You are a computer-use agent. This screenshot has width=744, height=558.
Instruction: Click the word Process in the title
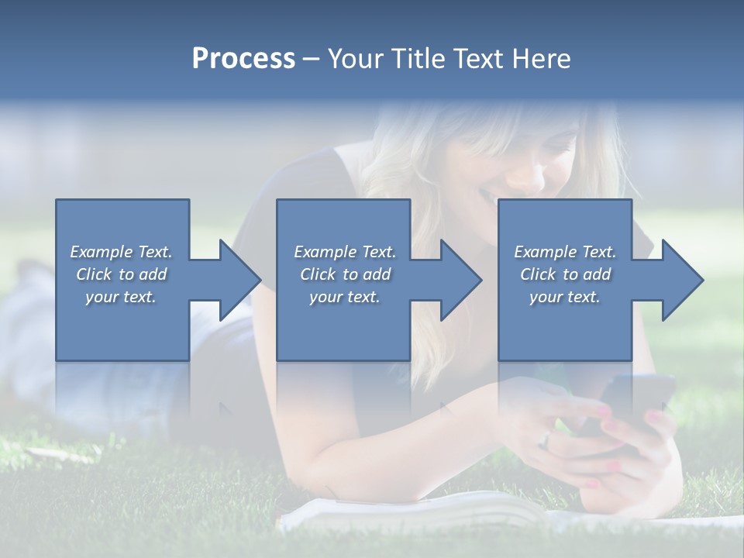tap(243, 58)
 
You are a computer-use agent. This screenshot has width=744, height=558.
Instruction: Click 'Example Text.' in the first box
tap(121, 252)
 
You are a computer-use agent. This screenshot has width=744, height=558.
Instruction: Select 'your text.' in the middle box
tap(344, 297)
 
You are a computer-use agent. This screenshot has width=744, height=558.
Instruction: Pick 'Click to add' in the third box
tap(565, 274)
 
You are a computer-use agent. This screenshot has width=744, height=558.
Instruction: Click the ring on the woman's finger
tap(546, 441)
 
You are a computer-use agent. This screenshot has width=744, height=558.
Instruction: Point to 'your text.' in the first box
tap(121, 297)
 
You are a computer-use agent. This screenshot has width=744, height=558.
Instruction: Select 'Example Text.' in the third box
tap(565, 252)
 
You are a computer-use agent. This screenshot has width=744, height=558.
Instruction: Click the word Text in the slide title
tap(477, 58)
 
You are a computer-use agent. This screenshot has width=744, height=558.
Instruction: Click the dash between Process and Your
tap(311, 59)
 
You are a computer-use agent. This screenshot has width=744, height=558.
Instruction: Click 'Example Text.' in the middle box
tap(344, 252)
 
